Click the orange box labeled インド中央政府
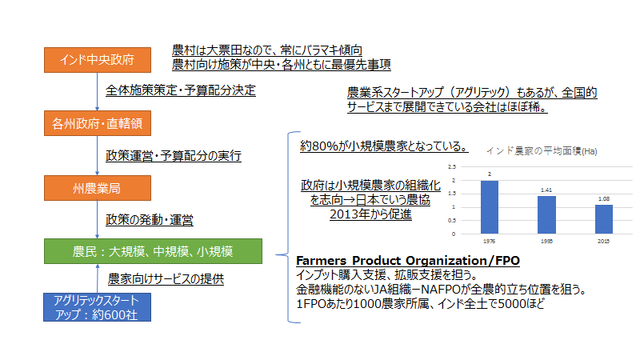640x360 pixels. [x=98, y=60]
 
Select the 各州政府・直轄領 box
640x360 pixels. [x=98, y=123]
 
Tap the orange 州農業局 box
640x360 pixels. [x=98, y=188]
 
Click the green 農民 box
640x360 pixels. [x=153, y=251]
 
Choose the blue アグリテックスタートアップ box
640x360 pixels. [x=97, y=307]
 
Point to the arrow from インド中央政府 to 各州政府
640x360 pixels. [x=97, y=92]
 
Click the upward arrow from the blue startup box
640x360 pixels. [x=98, y=278]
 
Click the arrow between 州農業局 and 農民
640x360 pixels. [x=97, y=219]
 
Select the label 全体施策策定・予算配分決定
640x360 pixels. [x=181, y=90]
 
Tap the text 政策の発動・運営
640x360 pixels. [x=150, y=220]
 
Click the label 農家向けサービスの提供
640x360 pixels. [x=166, y=278]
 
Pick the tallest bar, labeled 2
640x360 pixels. [x=490, y=207]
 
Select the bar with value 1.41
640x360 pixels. [x=546, y=215]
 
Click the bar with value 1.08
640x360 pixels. [x=604, y=219]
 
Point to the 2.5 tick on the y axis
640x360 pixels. [x=452, y=167]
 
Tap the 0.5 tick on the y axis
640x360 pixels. [x=452, y=221]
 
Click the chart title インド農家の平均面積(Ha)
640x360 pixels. [x=542, y=151]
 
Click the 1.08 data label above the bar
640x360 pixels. [x=604, y=198]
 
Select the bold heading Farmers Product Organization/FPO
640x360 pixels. [x=408, y=261]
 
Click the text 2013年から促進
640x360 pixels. [x=370, y=214]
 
